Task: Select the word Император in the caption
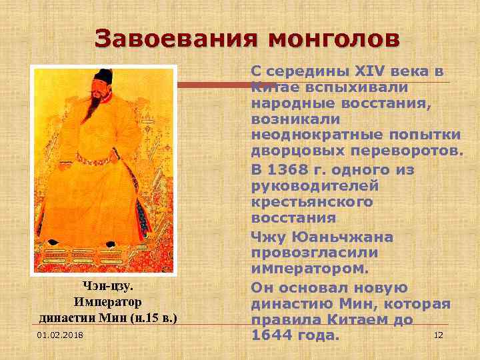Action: pyautogui.click(x=108, y=301)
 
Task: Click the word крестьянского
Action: pyautogui.click(x=312, y=202)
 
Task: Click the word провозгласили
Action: pyautogui.click(x=313, y=253)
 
